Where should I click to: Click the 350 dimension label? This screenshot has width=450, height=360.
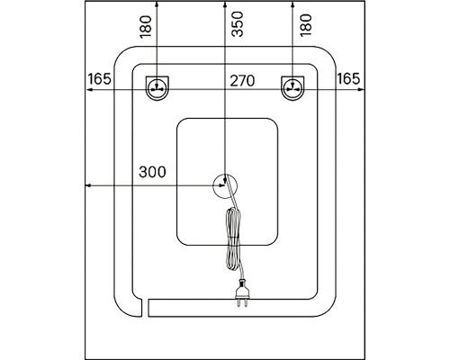238,24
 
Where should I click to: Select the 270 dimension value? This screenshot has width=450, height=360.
242,81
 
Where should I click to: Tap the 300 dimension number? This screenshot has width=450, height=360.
152,172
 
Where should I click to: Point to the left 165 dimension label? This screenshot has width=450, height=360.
99,79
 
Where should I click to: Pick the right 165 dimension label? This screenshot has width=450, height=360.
348,79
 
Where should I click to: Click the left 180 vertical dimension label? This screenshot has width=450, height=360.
146,26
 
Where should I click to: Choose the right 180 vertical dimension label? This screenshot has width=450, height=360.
306,25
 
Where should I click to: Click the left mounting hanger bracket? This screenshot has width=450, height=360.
157,88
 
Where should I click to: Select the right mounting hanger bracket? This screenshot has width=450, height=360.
292,88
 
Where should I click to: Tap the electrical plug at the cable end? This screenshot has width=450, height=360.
242,293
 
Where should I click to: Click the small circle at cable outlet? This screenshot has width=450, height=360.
225,186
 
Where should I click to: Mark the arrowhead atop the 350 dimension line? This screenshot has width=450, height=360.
225,4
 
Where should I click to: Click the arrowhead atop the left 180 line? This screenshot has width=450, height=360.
157,4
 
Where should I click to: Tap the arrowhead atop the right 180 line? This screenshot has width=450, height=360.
292,4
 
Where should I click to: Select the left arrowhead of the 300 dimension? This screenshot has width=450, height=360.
88,185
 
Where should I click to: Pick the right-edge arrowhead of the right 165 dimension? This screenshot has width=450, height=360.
362,89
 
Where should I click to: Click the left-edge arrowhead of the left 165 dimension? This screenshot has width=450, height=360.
88,89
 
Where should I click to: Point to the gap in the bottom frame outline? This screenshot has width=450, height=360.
144,308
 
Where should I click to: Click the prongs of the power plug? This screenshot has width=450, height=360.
242,303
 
